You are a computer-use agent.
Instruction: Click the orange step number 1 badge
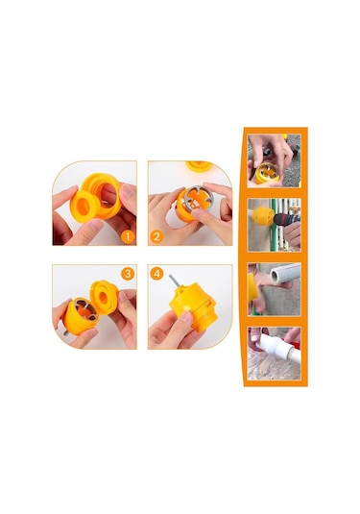[x=128, y=236]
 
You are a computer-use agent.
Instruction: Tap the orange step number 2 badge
[x=156, y=236]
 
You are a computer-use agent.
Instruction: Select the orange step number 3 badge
[x=128, y=274]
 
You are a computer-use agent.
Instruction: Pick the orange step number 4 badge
[x=156, y=274]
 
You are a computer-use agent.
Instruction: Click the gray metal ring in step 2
[x=196, y=199]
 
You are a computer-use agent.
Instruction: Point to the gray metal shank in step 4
[x=175, y=281]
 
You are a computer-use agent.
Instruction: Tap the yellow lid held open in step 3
[x=104, y=297]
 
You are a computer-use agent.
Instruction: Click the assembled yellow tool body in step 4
[x=193, y=306]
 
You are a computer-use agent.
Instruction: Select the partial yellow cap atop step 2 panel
[x=199, y=166]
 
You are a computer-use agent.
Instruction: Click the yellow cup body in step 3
[x=80, y=317]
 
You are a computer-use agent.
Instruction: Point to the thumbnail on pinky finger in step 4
[x=185, y=316]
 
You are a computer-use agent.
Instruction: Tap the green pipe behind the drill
[x=274, y=225]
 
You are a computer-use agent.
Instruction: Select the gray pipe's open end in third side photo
[x=275, y=277]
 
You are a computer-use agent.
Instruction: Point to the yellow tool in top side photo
[x=268, y=173]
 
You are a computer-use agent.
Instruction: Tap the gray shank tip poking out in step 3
[x=65, y=333]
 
